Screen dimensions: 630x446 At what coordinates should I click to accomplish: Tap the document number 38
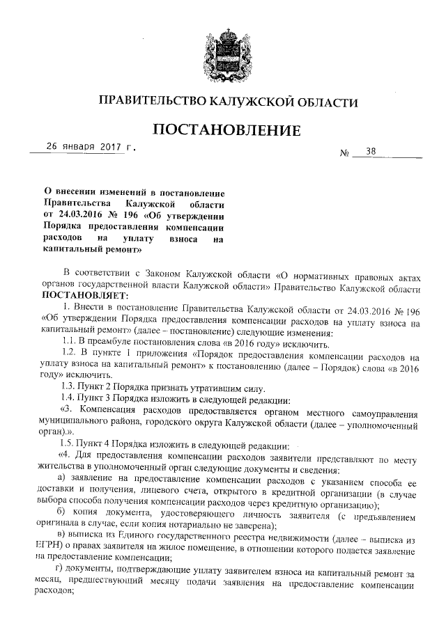point(369,151)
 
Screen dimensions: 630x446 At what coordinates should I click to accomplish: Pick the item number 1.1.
point(70,342)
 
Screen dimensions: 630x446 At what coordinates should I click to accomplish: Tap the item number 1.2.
point(70,353)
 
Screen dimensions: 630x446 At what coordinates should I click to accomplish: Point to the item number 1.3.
point(70,387)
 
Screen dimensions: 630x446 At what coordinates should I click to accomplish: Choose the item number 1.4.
point(70,398)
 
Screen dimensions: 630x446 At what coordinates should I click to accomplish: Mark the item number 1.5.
point(70,443)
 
